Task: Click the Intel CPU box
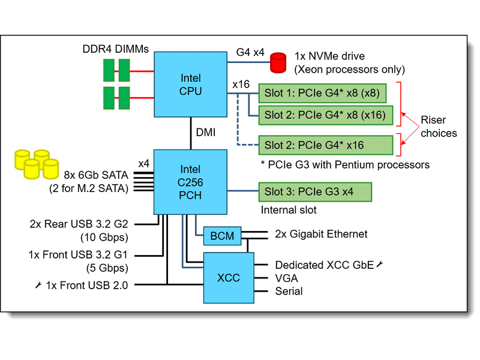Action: click(x=191, y=84)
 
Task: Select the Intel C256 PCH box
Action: click(x=191, y=181)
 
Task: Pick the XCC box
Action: click(x=228, y=277)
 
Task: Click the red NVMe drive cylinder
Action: click(x=278, y=61)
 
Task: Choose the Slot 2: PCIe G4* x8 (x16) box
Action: click(x=325, y=114)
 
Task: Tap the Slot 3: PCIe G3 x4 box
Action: click(x=314, y=192)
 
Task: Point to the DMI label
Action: click(x=205, y=131)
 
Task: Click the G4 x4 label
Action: click(x=250, y=52)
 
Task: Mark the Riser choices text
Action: click(x=439, y=127)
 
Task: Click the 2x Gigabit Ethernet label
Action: click(x=321, y=233)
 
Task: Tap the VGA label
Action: click(x=286, y=278)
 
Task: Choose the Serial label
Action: click(x=289, y=291)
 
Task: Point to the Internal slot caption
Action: click(x=290, y=211)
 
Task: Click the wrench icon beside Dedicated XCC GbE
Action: click(x=379, y=264)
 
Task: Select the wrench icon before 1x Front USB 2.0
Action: click(x=38, y=285)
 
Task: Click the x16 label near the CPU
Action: click(x=241, y=85)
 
